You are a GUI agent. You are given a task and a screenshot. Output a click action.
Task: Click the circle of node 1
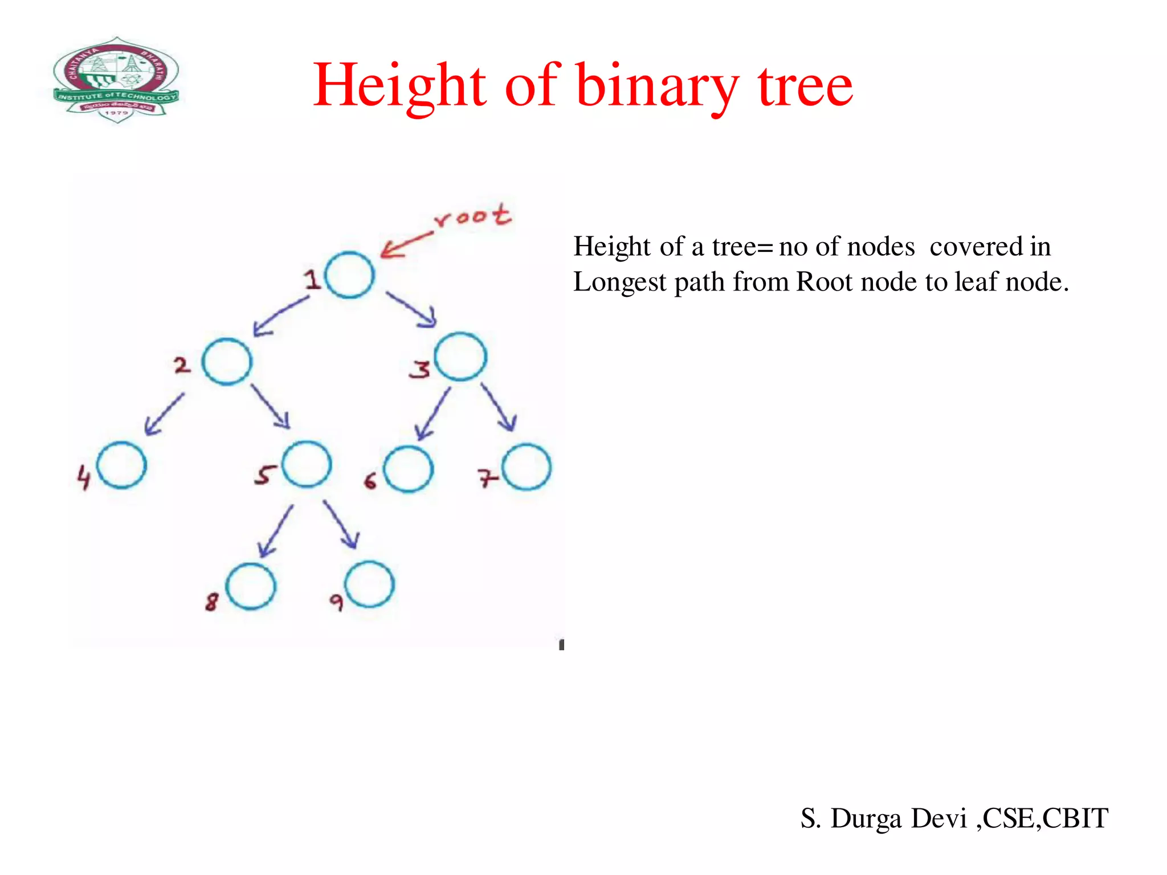[x=349, y=275]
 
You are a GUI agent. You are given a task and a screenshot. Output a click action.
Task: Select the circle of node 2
[x=227, y=362]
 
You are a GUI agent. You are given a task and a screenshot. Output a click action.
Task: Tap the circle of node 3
[x=460, y=357]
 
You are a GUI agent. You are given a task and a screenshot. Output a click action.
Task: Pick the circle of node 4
[x=121, y=465]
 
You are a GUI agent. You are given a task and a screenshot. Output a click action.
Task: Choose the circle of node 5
[x=307, y=464]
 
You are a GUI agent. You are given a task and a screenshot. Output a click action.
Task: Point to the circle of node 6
[x=408, y=469]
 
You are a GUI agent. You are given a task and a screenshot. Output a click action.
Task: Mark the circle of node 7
[x=527, y=467]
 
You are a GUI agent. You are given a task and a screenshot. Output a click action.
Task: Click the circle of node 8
[x=251, y=586]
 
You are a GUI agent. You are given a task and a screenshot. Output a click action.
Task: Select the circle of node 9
[x=370, y=584]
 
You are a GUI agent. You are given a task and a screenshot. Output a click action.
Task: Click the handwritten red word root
[x=472, y=216]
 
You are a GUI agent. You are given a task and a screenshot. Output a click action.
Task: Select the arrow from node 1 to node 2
[x=280, y=316]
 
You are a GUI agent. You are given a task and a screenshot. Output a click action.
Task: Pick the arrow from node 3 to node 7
[x=499, y=407]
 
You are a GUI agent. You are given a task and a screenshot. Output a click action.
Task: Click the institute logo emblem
[x=116, y=80]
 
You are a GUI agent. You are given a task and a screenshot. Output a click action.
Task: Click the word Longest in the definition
[x=619, y=282]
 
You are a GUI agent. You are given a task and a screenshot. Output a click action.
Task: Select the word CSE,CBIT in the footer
[x=1046, y=818]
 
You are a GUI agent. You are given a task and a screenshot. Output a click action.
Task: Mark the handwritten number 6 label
[x=370, y=481]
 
